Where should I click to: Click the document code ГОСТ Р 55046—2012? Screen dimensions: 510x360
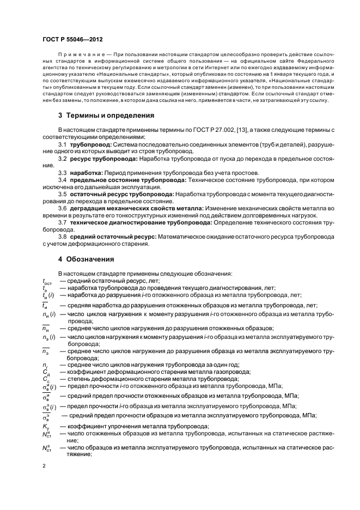click(x=73, y=40)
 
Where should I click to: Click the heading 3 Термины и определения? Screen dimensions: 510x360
click(x=106, y=115)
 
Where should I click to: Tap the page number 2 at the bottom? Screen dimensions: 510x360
click(x=44, y=466)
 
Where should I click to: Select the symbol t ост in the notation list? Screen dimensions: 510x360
click(x=48, y=281)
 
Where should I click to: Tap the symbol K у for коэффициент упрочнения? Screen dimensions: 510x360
click(x=46, y=426)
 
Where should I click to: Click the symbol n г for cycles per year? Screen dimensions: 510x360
click(x=45, y=365)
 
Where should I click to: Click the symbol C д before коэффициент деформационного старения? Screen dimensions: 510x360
click(x=46, y=372)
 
